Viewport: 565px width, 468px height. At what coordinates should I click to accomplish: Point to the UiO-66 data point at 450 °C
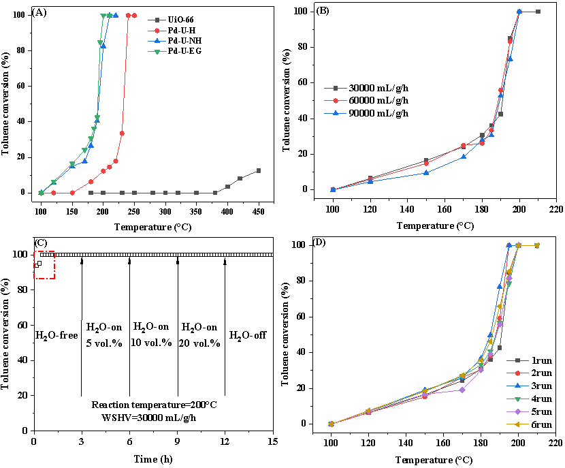click(259, 170)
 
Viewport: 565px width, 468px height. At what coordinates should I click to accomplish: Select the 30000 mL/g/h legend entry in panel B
click(375, 88)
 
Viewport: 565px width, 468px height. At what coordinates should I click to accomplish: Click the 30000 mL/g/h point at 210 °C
click(538, 12)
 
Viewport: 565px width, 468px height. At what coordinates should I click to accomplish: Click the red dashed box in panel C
click(44, 265)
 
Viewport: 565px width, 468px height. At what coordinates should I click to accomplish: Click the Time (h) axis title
click(153, 458)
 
